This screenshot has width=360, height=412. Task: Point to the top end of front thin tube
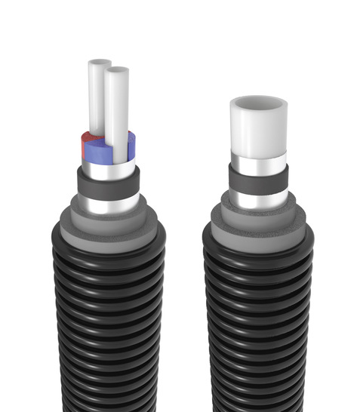click(117, 70)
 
